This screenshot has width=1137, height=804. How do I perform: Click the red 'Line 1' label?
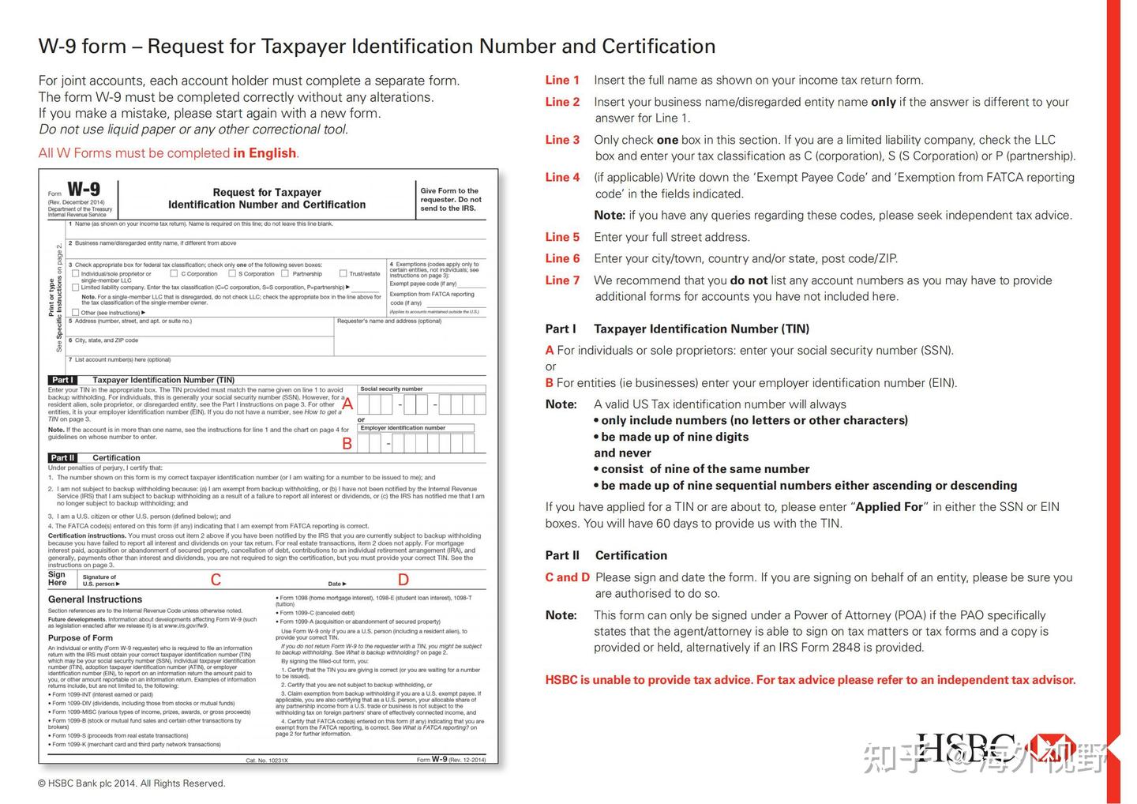click(562, 80)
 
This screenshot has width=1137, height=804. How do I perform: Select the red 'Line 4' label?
click(562, 177)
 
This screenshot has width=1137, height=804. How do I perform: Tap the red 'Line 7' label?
click(562, 280)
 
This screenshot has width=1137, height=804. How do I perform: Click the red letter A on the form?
click(347, 404)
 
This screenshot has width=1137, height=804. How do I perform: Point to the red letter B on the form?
click(347, 444)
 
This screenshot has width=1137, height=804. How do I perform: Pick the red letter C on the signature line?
click(216, 580)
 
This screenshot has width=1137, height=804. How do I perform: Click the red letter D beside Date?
click(403, 580)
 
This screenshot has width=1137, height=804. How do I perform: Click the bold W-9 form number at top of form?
click(84, 190)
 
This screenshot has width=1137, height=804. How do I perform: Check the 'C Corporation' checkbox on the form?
click(174, 274)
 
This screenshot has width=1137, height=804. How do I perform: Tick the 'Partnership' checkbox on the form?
click(286, 274)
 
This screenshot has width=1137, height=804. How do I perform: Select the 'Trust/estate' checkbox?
click(343, 274)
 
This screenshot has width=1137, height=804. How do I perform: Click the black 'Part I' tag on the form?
click(62, 380)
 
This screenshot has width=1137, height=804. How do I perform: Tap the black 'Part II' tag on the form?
click(62, 458)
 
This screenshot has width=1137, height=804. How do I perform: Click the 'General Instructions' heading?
click(95, 599)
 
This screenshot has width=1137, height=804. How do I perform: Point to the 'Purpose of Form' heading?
click(80, 637)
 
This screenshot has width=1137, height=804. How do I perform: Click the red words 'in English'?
click(265, 152)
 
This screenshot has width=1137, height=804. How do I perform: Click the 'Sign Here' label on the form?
click(58, 579)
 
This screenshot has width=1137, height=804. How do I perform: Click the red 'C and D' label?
click(567, 577)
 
